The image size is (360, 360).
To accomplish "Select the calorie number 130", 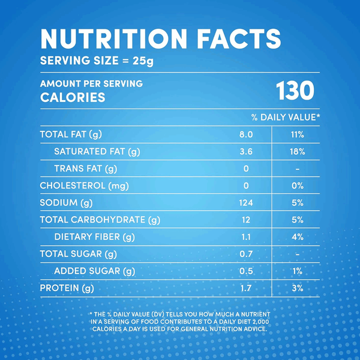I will click(x=295, y=91).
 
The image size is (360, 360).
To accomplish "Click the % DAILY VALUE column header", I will click(x=286, y=116).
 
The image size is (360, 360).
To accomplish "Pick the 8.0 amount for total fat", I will click(x=247, y=134).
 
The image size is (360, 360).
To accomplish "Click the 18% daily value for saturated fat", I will click(x=297, y=152).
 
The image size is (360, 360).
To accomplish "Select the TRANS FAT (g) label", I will click(x=85, y=169).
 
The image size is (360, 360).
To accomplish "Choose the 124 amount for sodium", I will click(x=246, y=203).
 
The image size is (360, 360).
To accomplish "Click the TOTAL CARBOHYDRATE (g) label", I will click(x=100, y=220).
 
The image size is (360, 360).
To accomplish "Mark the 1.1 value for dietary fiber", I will click(x=246, y=237).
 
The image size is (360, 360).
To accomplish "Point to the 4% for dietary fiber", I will click(x=297, y=237).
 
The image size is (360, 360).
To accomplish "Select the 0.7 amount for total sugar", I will click(x=246, y=254).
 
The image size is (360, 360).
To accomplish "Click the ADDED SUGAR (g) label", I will click(x=94, y=272).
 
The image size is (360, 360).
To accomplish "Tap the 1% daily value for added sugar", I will click(x=297, y=272).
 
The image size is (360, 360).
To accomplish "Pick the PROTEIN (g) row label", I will click(x=67, y=289).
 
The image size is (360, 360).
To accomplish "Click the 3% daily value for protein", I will click(x=297, y=289).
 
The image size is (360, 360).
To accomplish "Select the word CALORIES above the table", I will click(x=73, y=97).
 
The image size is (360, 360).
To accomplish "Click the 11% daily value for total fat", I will click(x=297, y=134).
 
